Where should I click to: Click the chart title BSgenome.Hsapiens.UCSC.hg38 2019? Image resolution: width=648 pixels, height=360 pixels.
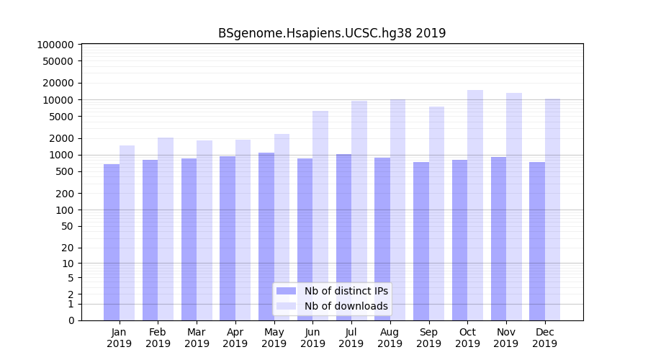click(x=332, y=33)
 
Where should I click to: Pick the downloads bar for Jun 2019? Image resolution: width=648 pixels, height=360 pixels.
click(x=320, y=216)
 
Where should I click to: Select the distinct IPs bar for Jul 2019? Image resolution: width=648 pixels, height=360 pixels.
click(x=343, y=237)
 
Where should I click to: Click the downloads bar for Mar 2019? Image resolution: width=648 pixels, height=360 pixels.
click(x=204, y=230)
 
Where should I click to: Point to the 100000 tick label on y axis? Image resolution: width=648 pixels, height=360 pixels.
click(x=55, y=45)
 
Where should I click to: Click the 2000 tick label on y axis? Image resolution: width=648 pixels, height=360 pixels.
click(x=60, y=138)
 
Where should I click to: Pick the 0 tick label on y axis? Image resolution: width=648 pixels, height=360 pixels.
click(x=71, y=320)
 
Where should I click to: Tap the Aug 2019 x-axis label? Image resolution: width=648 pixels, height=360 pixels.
click(x=390, y=338)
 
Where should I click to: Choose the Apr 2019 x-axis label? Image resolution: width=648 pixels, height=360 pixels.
click(x=235, y=338)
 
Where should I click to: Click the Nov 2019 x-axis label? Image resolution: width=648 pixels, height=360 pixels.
click(x=505, y=338)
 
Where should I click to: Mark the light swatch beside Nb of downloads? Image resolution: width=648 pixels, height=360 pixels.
click(x=287, y=306)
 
